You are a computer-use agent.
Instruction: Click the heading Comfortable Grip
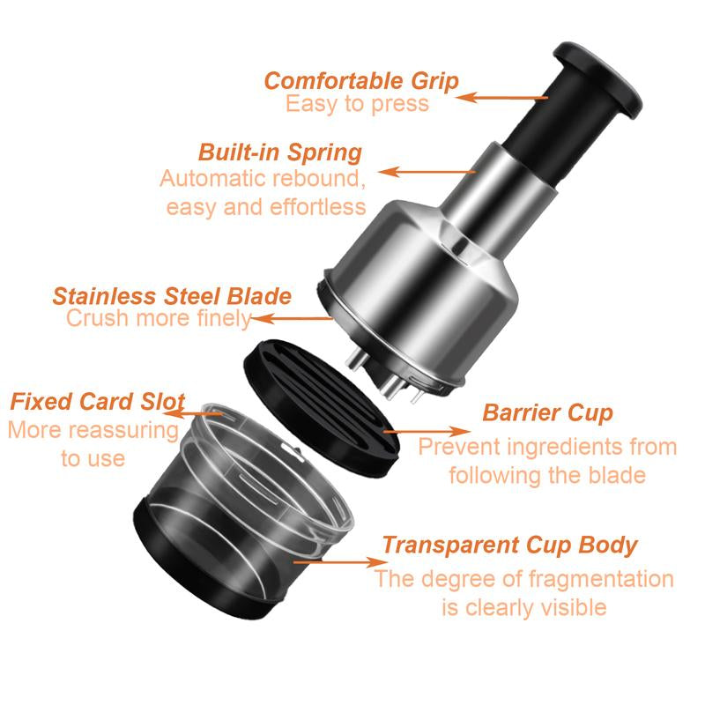click(361, 81)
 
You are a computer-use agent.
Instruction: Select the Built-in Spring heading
click(280, 152)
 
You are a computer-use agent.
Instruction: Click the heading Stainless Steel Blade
click(172, 295)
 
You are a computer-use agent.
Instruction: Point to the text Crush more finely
click(159, 318)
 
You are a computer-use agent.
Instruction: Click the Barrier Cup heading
click(547, 412)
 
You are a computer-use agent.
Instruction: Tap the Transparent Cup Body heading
click(508, 544)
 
